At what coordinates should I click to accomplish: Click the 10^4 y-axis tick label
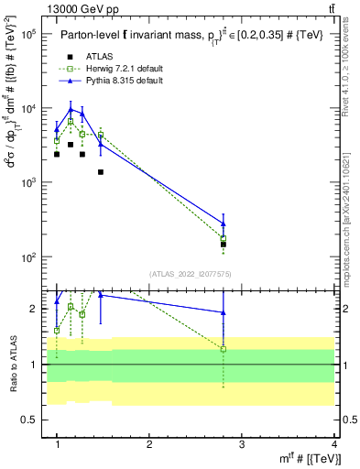[27, 108]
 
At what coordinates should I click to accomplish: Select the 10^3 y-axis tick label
[27, 182]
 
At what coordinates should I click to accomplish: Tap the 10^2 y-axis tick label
[27, 256]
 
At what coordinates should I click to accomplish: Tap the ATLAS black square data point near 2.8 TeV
[224, 245]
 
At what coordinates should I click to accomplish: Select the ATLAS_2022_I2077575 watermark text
[190, 274]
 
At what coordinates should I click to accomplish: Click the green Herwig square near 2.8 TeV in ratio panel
[224, 349]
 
